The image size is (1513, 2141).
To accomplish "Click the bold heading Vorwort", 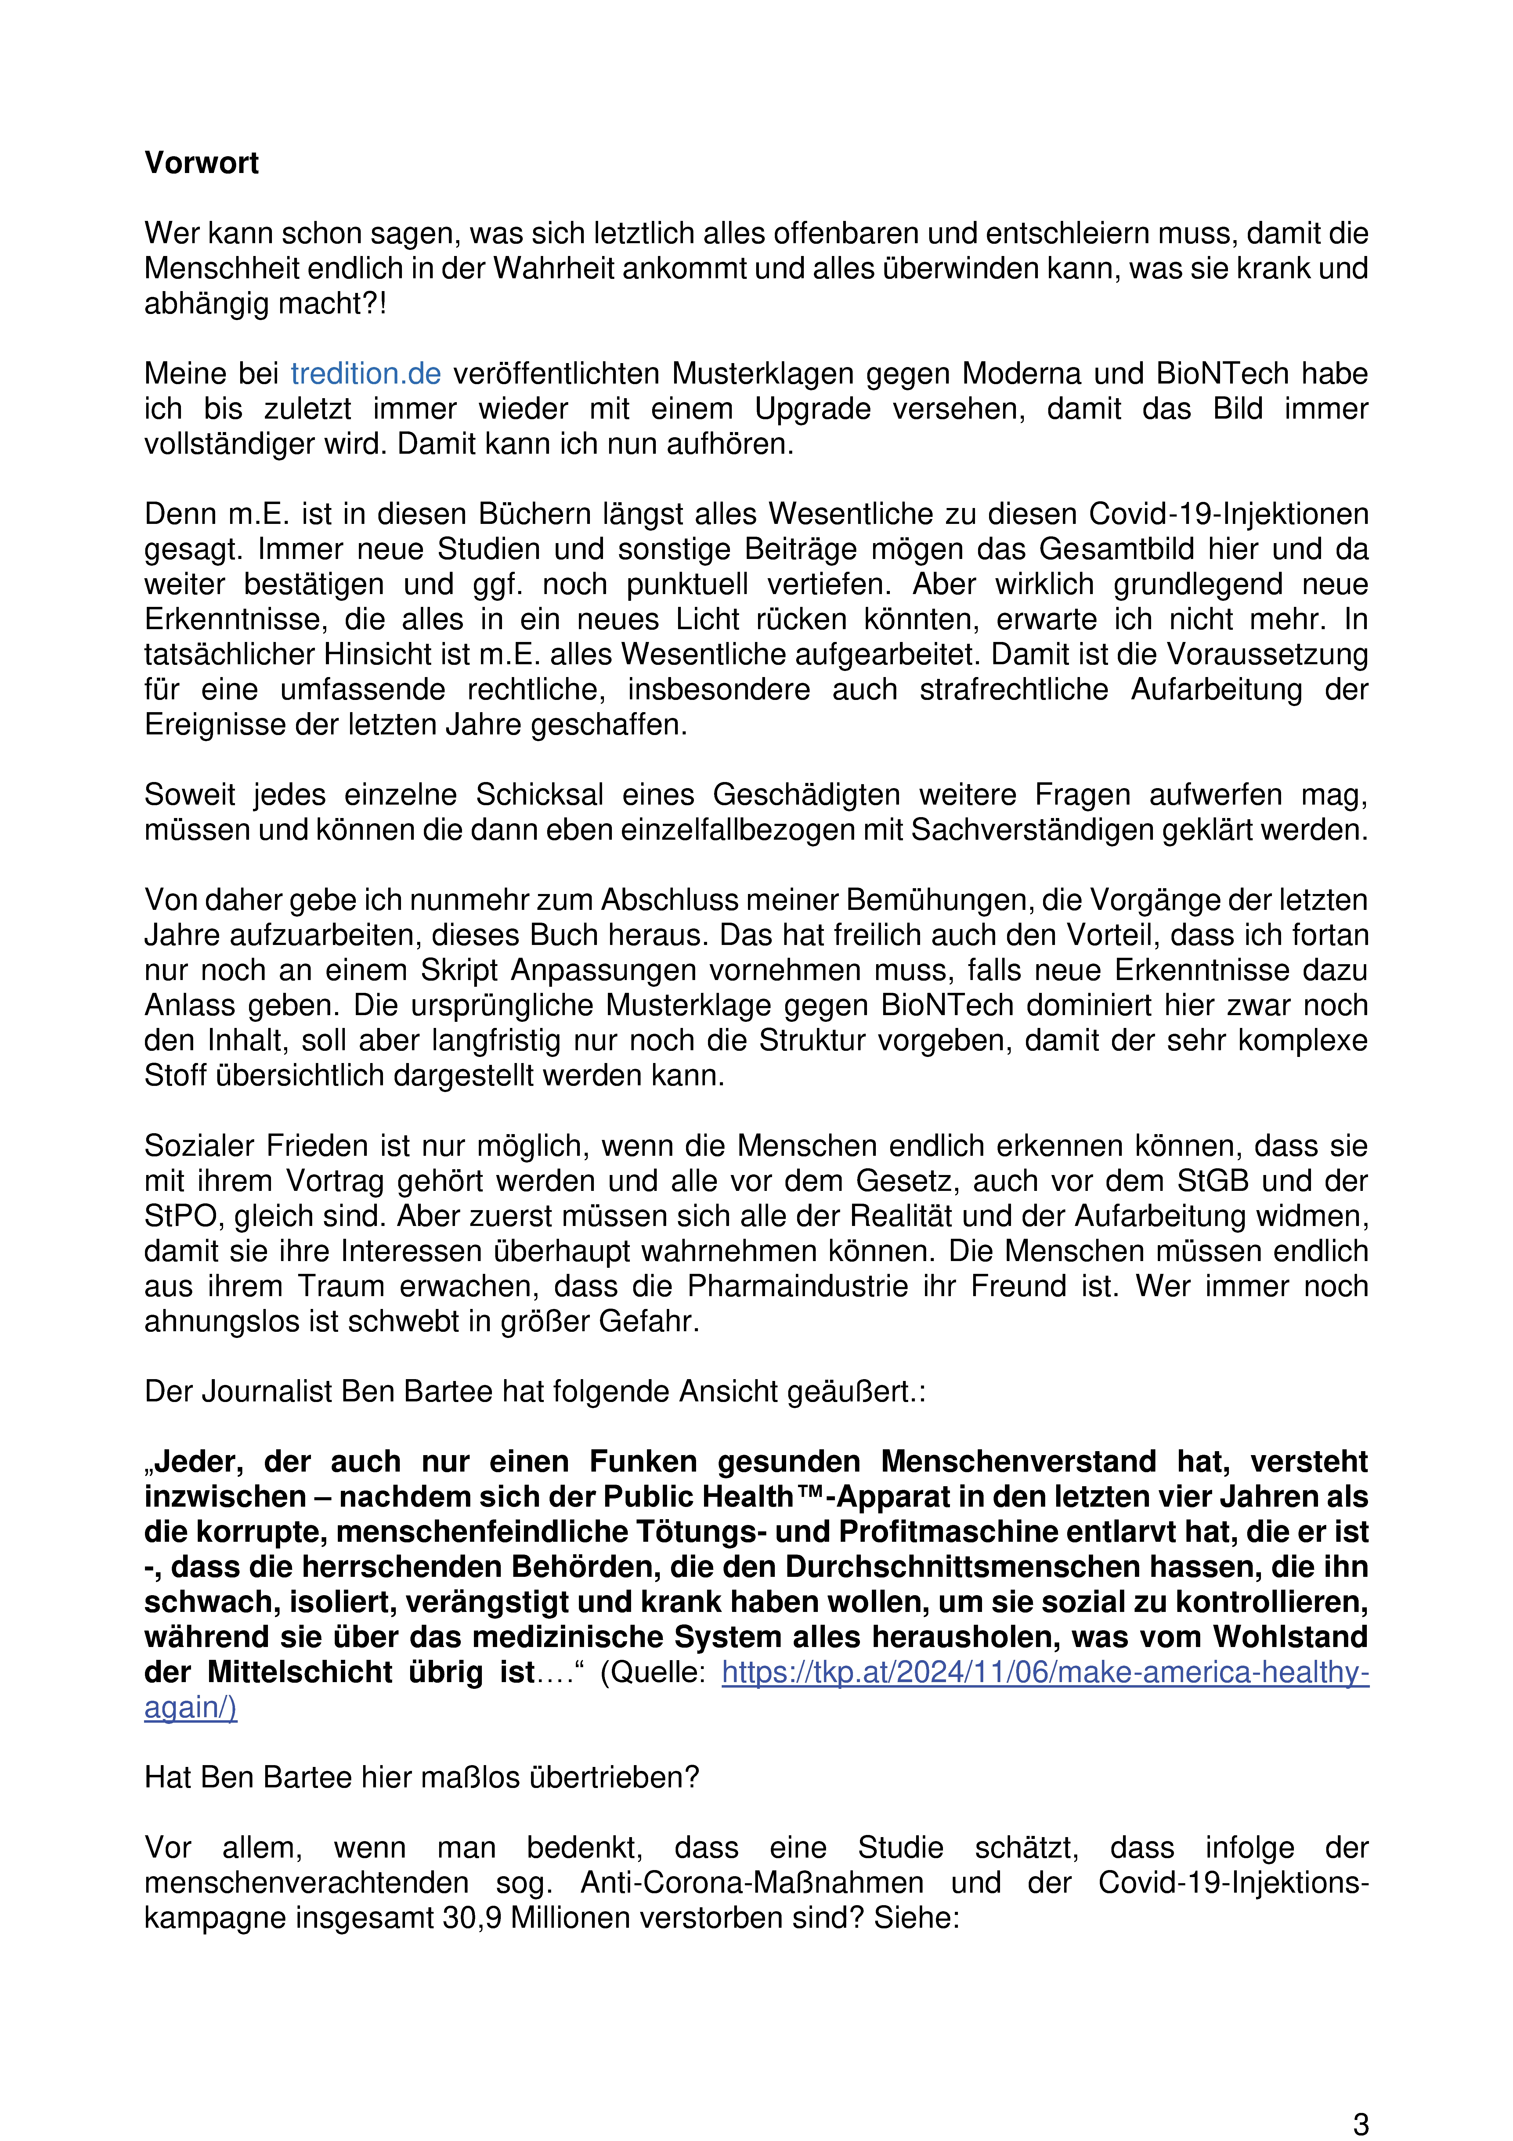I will (201, 163).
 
